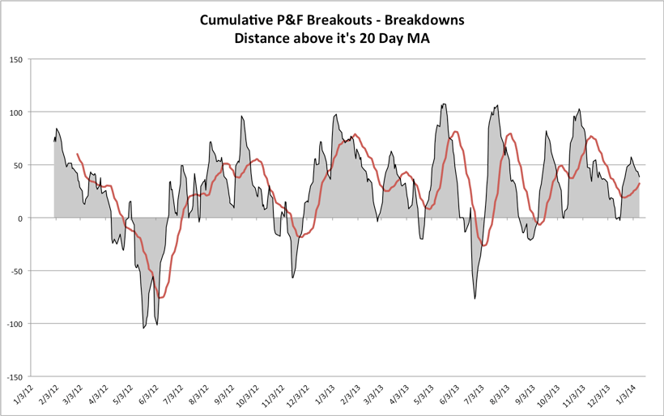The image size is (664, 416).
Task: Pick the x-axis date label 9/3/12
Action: [x=222, y=397]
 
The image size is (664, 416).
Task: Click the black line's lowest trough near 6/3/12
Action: [x=143, y=328]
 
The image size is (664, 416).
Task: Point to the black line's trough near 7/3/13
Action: [x=475, y=299]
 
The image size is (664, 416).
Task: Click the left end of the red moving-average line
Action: [x=77, y=154]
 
